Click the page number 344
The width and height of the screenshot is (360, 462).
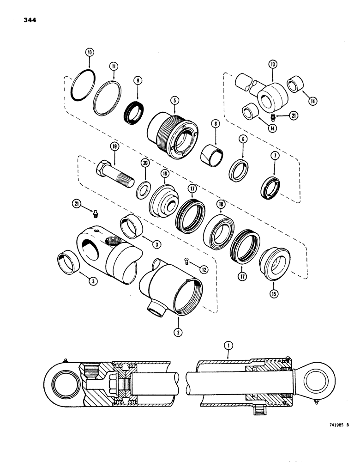click(28, 20)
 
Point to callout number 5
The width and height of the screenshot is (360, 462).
click(174, 99)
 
